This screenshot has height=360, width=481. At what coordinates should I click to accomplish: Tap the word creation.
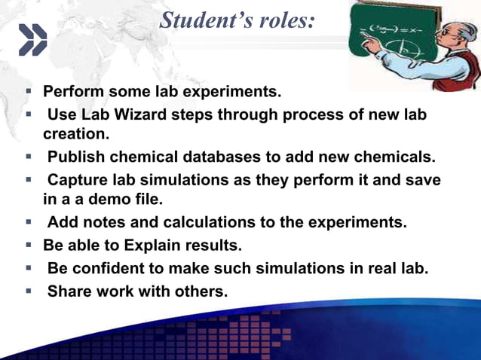click(75, 135)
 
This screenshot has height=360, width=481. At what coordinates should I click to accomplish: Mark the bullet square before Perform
click(27, 92)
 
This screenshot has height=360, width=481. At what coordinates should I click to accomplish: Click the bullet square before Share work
click(27, 291)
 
